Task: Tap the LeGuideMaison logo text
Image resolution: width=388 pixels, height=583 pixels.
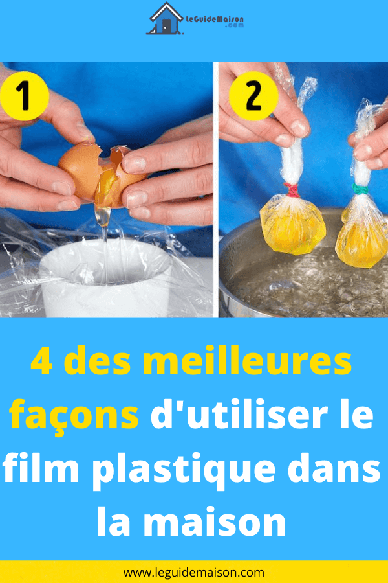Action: tap(215, 21)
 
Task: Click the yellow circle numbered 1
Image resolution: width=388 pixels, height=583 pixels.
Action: tap(25, 97)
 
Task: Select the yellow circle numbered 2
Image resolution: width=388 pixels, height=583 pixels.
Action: tap(253, 96)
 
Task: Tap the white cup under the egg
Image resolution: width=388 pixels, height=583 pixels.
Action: tap(106, 278)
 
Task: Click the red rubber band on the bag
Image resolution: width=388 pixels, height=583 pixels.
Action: tap(292, 190)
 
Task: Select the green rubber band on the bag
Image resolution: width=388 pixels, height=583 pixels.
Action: tap(360, 189)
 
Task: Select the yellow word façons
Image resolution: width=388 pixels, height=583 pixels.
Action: tap(74, 417)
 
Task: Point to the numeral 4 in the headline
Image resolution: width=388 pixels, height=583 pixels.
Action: tap(41, 361)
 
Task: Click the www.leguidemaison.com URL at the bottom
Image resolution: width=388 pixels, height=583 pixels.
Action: tap(194, 573)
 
